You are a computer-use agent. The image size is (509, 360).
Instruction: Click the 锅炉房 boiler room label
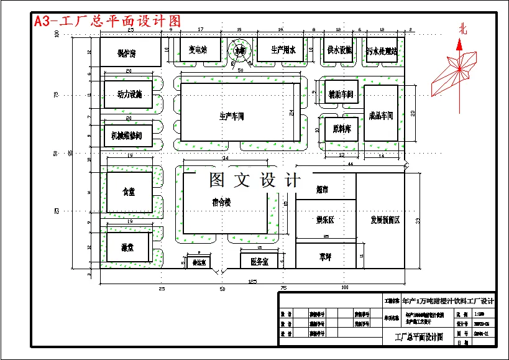pyautogui.click(x=126, y=54)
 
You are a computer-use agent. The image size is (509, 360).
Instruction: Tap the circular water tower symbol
pyautogui.click(x=239, y=51)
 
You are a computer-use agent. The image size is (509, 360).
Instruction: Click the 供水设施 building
pyautogui.click(x=339, y=50)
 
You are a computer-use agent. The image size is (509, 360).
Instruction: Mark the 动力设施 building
pyautogui.click(x=129, y=95)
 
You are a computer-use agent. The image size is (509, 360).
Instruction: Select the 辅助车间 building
pyautogui.click(x=341, y=95)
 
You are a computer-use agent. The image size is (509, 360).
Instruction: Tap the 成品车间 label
pyautogui.click(x=380, y=116)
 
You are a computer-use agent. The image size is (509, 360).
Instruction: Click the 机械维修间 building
pyautogui.click(x=127, y=135)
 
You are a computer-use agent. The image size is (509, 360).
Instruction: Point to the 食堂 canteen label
pyautogui.click(x=129, y=192)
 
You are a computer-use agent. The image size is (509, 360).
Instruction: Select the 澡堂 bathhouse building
pyautogui.click(x=128, y=247)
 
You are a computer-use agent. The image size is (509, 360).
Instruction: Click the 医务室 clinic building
pyautogui.click(x=259, y=262)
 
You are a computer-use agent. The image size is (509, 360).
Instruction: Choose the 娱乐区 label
pyautogui.click(x=324, y=220)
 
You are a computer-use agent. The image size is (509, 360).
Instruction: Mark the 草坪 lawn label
pyautogui.click(x=324, y=256)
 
